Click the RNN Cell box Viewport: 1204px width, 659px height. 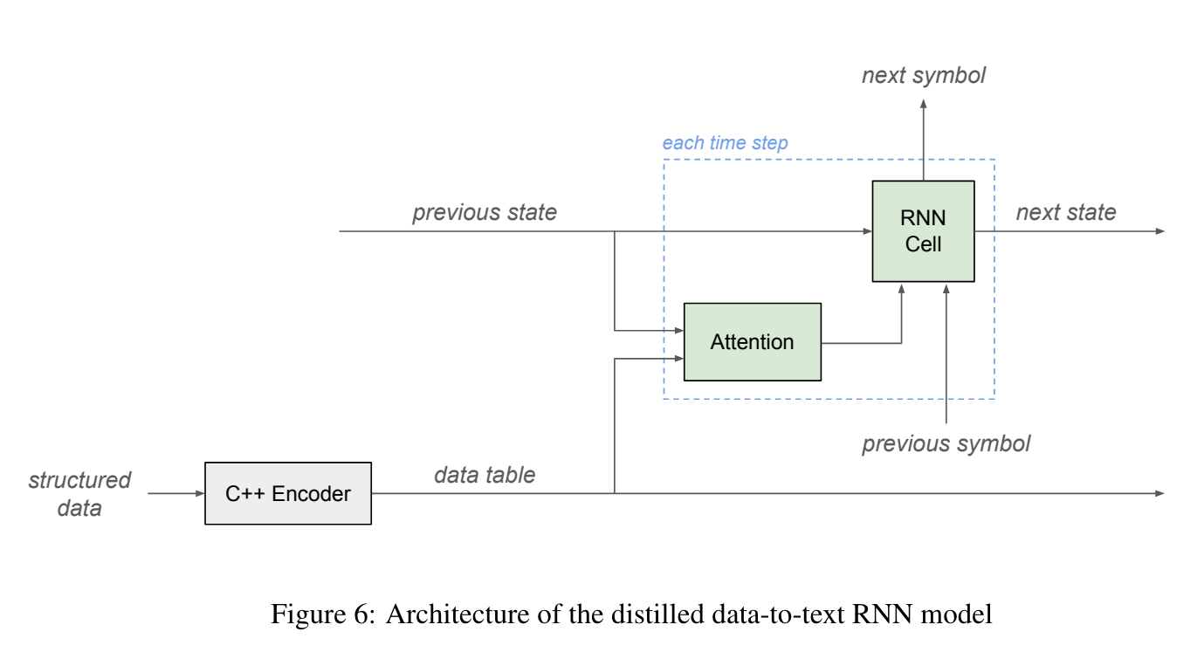(923, 231)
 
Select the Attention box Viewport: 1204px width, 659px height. (752, 342)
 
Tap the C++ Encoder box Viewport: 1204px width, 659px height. (287, 493)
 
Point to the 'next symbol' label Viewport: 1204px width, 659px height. (923, 76)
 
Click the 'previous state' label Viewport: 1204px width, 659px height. (484, 213)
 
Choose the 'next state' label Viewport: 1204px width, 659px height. (1065, 213)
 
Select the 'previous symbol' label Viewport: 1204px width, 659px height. (946, 443)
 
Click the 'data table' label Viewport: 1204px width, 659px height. (484, 475)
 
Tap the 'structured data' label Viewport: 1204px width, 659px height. (79, 494)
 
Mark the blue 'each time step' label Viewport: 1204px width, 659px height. (725, 143)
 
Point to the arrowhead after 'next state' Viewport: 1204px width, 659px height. (1159, 231)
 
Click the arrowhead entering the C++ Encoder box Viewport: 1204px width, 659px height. (199, 493)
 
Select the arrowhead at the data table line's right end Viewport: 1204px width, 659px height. (1159, 493)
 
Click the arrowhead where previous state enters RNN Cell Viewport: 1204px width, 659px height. (867, 231)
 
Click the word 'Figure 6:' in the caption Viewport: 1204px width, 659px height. (322, 614)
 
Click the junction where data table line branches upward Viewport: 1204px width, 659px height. (616, 493)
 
